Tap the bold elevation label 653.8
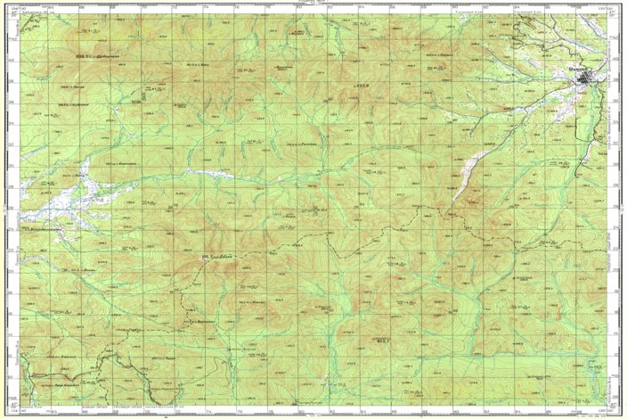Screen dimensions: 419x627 [x=362, y=86]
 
